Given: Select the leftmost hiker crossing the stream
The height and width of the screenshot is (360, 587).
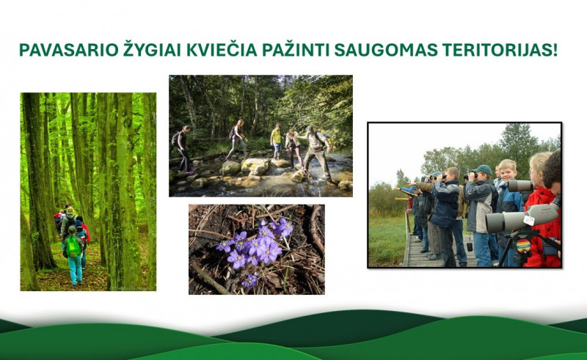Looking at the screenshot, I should coord(183,147).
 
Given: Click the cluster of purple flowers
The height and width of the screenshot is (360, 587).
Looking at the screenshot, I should coord(257,246).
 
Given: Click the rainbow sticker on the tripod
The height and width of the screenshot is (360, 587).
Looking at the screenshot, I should coord(523,245).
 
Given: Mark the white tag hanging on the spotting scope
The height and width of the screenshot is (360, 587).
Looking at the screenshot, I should coord(529,219).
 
